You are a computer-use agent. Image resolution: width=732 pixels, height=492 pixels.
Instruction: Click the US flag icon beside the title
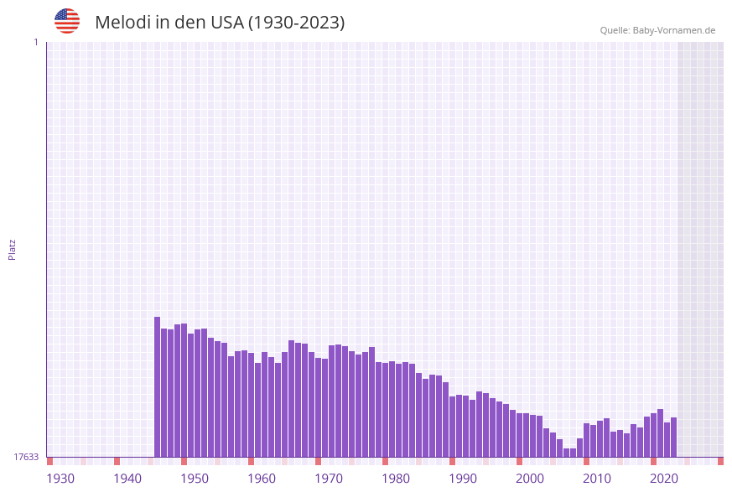pos(67,21)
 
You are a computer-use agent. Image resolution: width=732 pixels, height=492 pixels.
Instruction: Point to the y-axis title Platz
pos(13,250)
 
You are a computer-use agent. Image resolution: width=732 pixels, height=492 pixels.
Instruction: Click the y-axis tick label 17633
pos(26,457)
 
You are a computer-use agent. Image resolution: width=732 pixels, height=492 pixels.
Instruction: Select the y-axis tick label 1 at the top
pos(35,42)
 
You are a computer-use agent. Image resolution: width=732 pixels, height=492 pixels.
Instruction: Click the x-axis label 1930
pos(60,479)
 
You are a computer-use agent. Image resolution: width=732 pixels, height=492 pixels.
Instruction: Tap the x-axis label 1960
pos(262,479)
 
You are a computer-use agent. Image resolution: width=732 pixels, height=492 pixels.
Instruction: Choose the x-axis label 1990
pos(463,479)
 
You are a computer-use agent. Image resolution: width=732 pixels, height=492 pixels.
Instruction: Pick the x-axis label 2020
pos(664,479)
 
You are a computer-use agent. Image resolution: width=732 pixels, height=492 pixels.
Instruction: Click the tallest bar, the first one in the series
pos(157,386)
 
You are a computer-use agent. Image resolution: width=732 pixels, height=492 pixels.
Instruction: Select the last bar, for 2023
pos(673,437)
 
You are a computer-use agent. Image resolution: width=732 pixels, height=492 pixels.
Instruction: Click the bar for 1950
pos(197,393)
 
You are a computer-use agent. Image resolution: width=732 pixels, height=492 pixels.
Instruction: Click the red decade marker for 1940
pos(117,461)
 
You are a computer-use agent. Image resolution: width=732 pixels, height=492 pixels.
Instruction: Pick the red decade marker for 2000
pos(519,461)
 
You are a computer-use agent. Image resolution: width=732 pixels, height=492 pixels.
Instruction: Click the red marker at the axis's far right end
pos(720,461)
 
